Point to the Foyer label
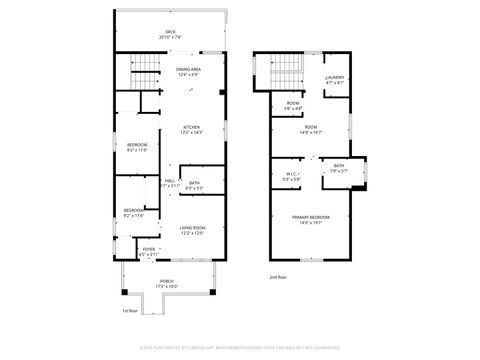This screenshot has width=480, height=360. (x=148, y=251)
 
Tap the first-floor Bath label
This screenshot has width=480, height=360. (x=193, y=184)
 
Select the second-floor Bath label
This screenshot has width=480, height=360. (x=339, y=168)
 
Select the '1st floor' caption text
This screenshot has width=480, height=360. (x=129, y=311)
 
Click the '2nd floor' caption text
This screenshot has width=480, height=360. (x=277, y=276)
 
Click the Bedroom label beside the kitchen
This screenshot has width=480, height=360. (x=137, y=148)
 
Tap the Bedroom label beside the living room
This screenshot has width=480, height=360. (x=133, y=212)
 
